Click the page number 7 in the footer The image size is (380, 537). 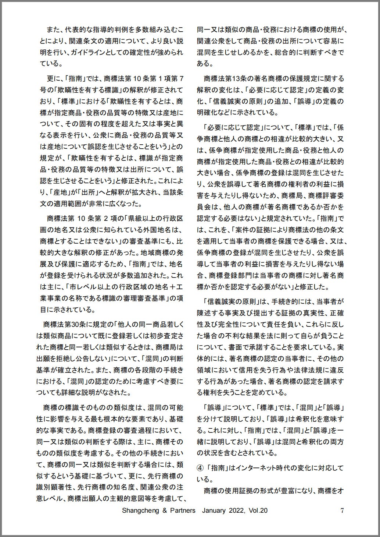[x=342, y=510]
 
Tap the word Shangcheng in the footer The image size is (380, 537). [x=140, y=510]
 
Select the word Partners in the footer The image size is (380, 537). [x=182, y=510]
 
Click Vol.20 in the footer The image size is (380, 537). [x=258, y=510]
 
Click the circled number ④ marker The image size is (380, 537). [x=200, y=468]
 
